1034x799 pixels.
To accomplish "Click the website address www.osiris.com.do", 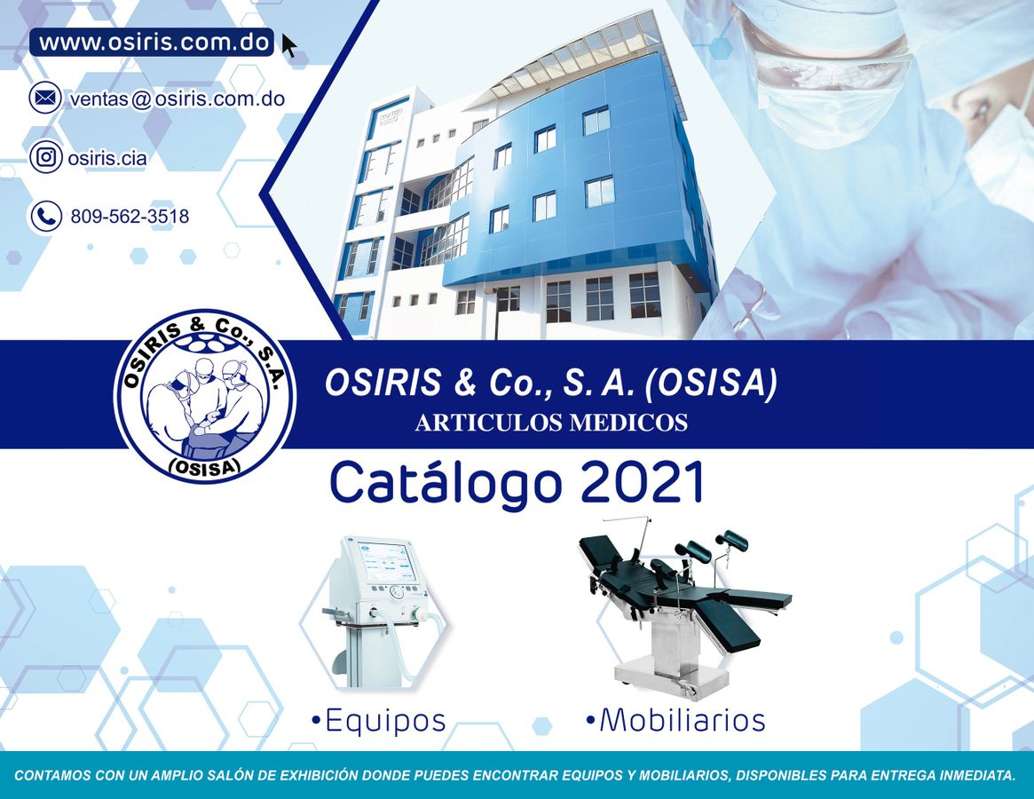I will pyautogui.click(x=153, y=43).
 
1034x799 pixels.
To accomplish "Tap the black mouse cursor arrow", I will pyautogui.click(x=288, y=45).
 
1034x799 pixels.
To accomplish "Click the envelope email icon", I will pyautogui.click(x=45, y=98).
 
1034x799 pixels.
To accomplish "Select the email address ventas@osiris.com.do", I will pyautogui.click(x=177, y=99).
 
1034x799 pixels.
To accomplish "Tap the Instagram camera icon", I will pyautogui.click(x=45, y=157).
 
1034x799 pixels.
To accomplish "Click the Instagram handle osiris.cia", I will pyautogui.click(x=107, y=159).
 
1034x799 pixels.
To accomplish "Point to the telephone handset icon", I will pyautogui.click(x=45, y=216).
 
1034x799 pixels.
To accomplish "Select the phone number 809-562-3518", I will pyautogui.click(x=129, y=217).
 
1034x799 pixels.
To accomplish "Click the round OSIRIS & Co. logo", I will pyautogui.click(x=205, y=396).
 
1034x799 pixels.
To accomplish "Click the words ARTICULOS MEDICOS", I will pyautogui.click(x=550, y=423).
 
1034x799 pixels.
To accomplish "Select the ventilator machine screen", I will pyautogui.click(x=386, y=561).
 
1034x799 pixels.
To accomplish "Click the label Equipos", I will pyautogui.click(x=379, y=720).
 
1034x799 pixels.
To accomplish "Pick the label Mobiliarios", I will pyautogui.click(x=675, y=720).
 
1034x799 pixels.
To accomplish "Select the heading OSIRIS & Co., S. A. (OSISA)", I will pyautogui.click(x=550, y=383).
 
